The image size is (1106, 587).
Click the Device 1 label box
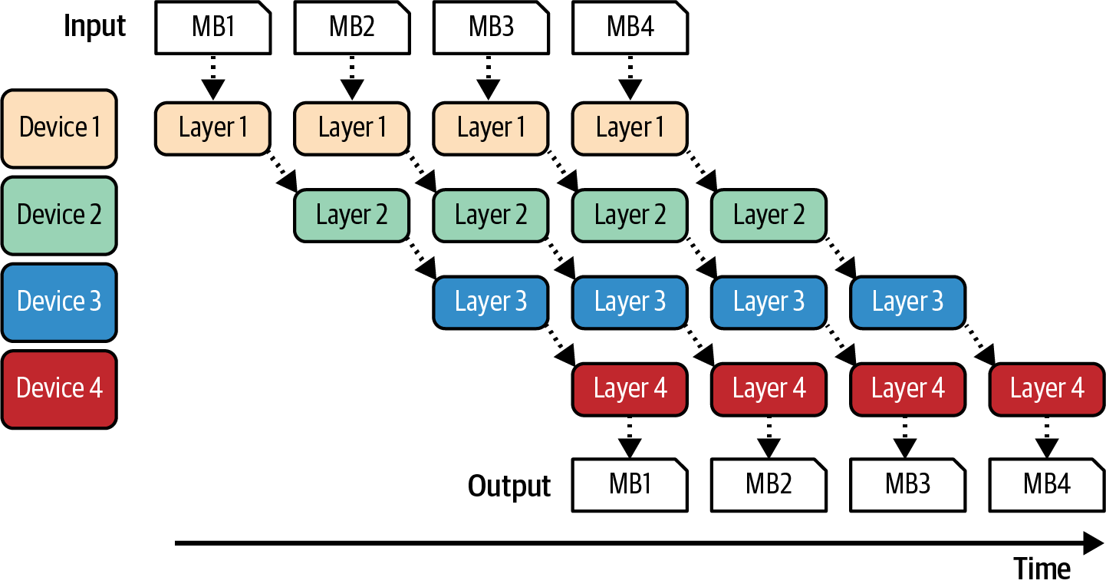59,128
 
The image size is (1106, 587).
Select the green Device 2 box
59,215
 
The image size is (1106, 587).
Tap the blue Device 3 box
59,302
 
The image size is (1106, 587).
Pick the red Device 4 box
59,388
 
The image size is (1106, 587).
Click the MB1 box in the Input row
212,28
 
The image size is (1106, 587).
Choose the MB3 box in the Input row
491,28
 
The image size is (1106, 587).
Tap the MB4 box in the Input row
630,28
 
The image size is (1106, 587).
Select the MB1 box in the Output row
630,485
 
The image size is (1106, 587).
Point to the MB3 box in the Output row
907,485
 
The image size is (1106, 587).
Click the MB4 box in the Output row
1047,485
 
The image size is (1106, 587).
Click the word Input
95,27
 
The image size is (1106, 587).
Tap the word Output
509,486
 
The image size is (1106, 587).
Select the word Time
1042,569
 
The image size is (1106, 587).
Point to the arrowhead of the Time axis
1092,543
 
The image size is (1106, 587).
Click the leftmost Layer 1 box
212,128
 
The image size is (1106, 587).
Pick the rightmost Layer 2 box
769,215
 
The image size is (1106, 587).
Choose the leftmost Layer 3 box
491,302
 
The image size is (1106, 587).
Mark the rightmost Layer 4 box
1047,388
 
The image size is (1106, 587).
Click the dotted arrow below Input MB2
352,77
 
